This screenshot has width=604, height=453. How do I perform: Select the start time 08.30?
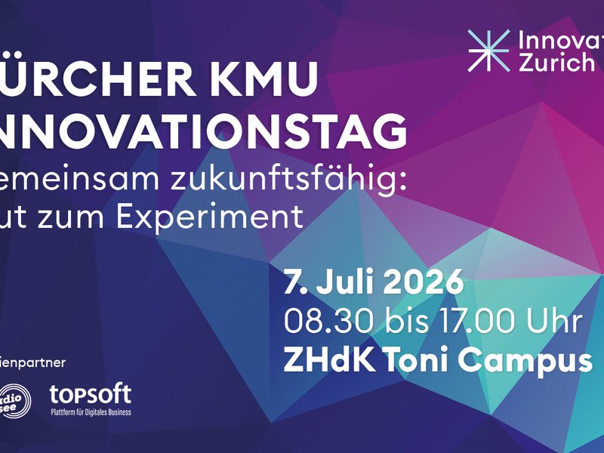coord(317,321)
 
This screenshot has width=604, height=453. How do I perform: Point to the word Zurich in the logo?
coord(557,63)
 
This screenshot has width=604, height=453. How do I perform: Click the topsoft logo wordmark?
coord(90,393)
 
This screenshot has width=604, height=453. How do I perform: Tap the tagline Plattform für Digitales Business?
coord(90,412)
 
